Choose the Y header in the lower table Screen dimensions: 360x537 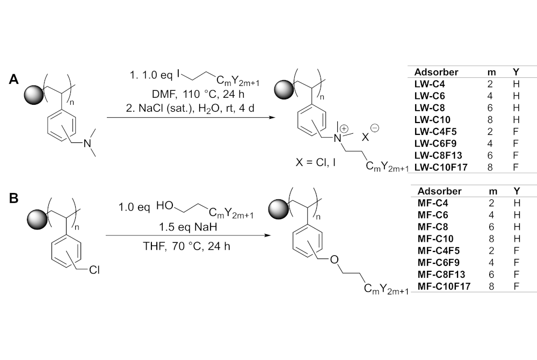coord(517,191)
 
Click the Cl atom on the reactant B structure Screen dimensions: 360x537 coord(95,270)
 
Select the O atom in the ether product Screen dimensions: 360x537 coord(333,261)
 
